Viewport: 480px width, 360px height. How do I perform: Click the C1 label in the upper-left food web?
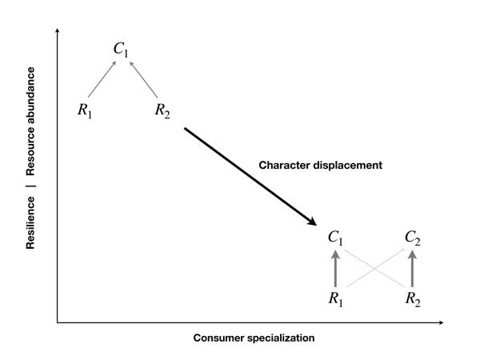pyautogui.click(x=121, y=49)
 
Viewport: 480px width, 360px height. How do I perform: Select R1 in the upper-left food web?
pyautogui.click(x=85, y=110)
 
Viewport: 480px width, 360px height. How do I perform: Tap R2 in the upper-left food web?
pyautogui.click(x=162, y=110)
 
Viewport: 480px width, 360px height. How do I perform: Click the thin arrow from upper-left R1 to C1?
pyautogui.click(x=102, y=79)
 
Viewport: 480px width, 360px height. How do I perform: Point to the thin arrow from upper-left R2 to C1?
pyautogui.click(x=143, y=79)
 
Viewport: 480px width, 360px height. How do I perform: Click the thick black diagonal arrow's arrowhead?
pyautogui.click(x=312, y=222)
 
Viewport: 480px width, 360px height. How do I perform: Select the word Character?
pyautogui.click(x=284, y=165)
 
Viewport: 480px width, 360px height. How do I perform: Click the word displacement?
pyautogui.click(x=347, y=166)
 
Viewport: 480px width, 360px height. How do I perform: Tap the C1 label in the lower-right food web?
pyautogui.click(x=335, y=238)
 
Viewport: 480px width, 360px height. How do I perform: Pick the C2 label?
pyautogui.click(x=412, y=238)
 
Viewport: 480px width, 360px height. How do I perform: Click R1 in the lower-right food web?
pyautogui.click(x=335, y=298)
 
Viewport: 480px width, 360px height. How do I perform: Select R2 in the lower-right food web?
pyautogui.click(x=413, y=298)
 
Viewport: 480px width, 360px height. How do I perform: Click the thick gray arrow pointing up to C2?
pyautogui.click(x=412, y=269)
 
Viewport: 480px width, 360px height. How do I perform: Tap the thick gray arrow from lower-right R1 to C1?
pyautogui.click(x=335, y=269)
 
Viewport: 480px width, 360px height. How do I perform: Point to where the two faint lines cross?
pyautogui.click(x=374, y=269)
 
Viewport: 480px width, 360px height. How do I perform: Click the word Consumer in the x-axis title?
pyautogui.click(x=218, y=338)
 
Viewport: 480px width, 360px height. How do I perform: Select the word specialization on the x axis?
pyautogui.click(x=281, y=338)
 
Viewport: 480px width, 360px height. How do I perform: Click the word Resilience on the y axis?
pyautogui.click(x=30, y=222)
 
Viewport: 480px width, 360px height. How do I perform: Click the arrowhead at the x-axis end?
pyautogui.click(x=441, y=322)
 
